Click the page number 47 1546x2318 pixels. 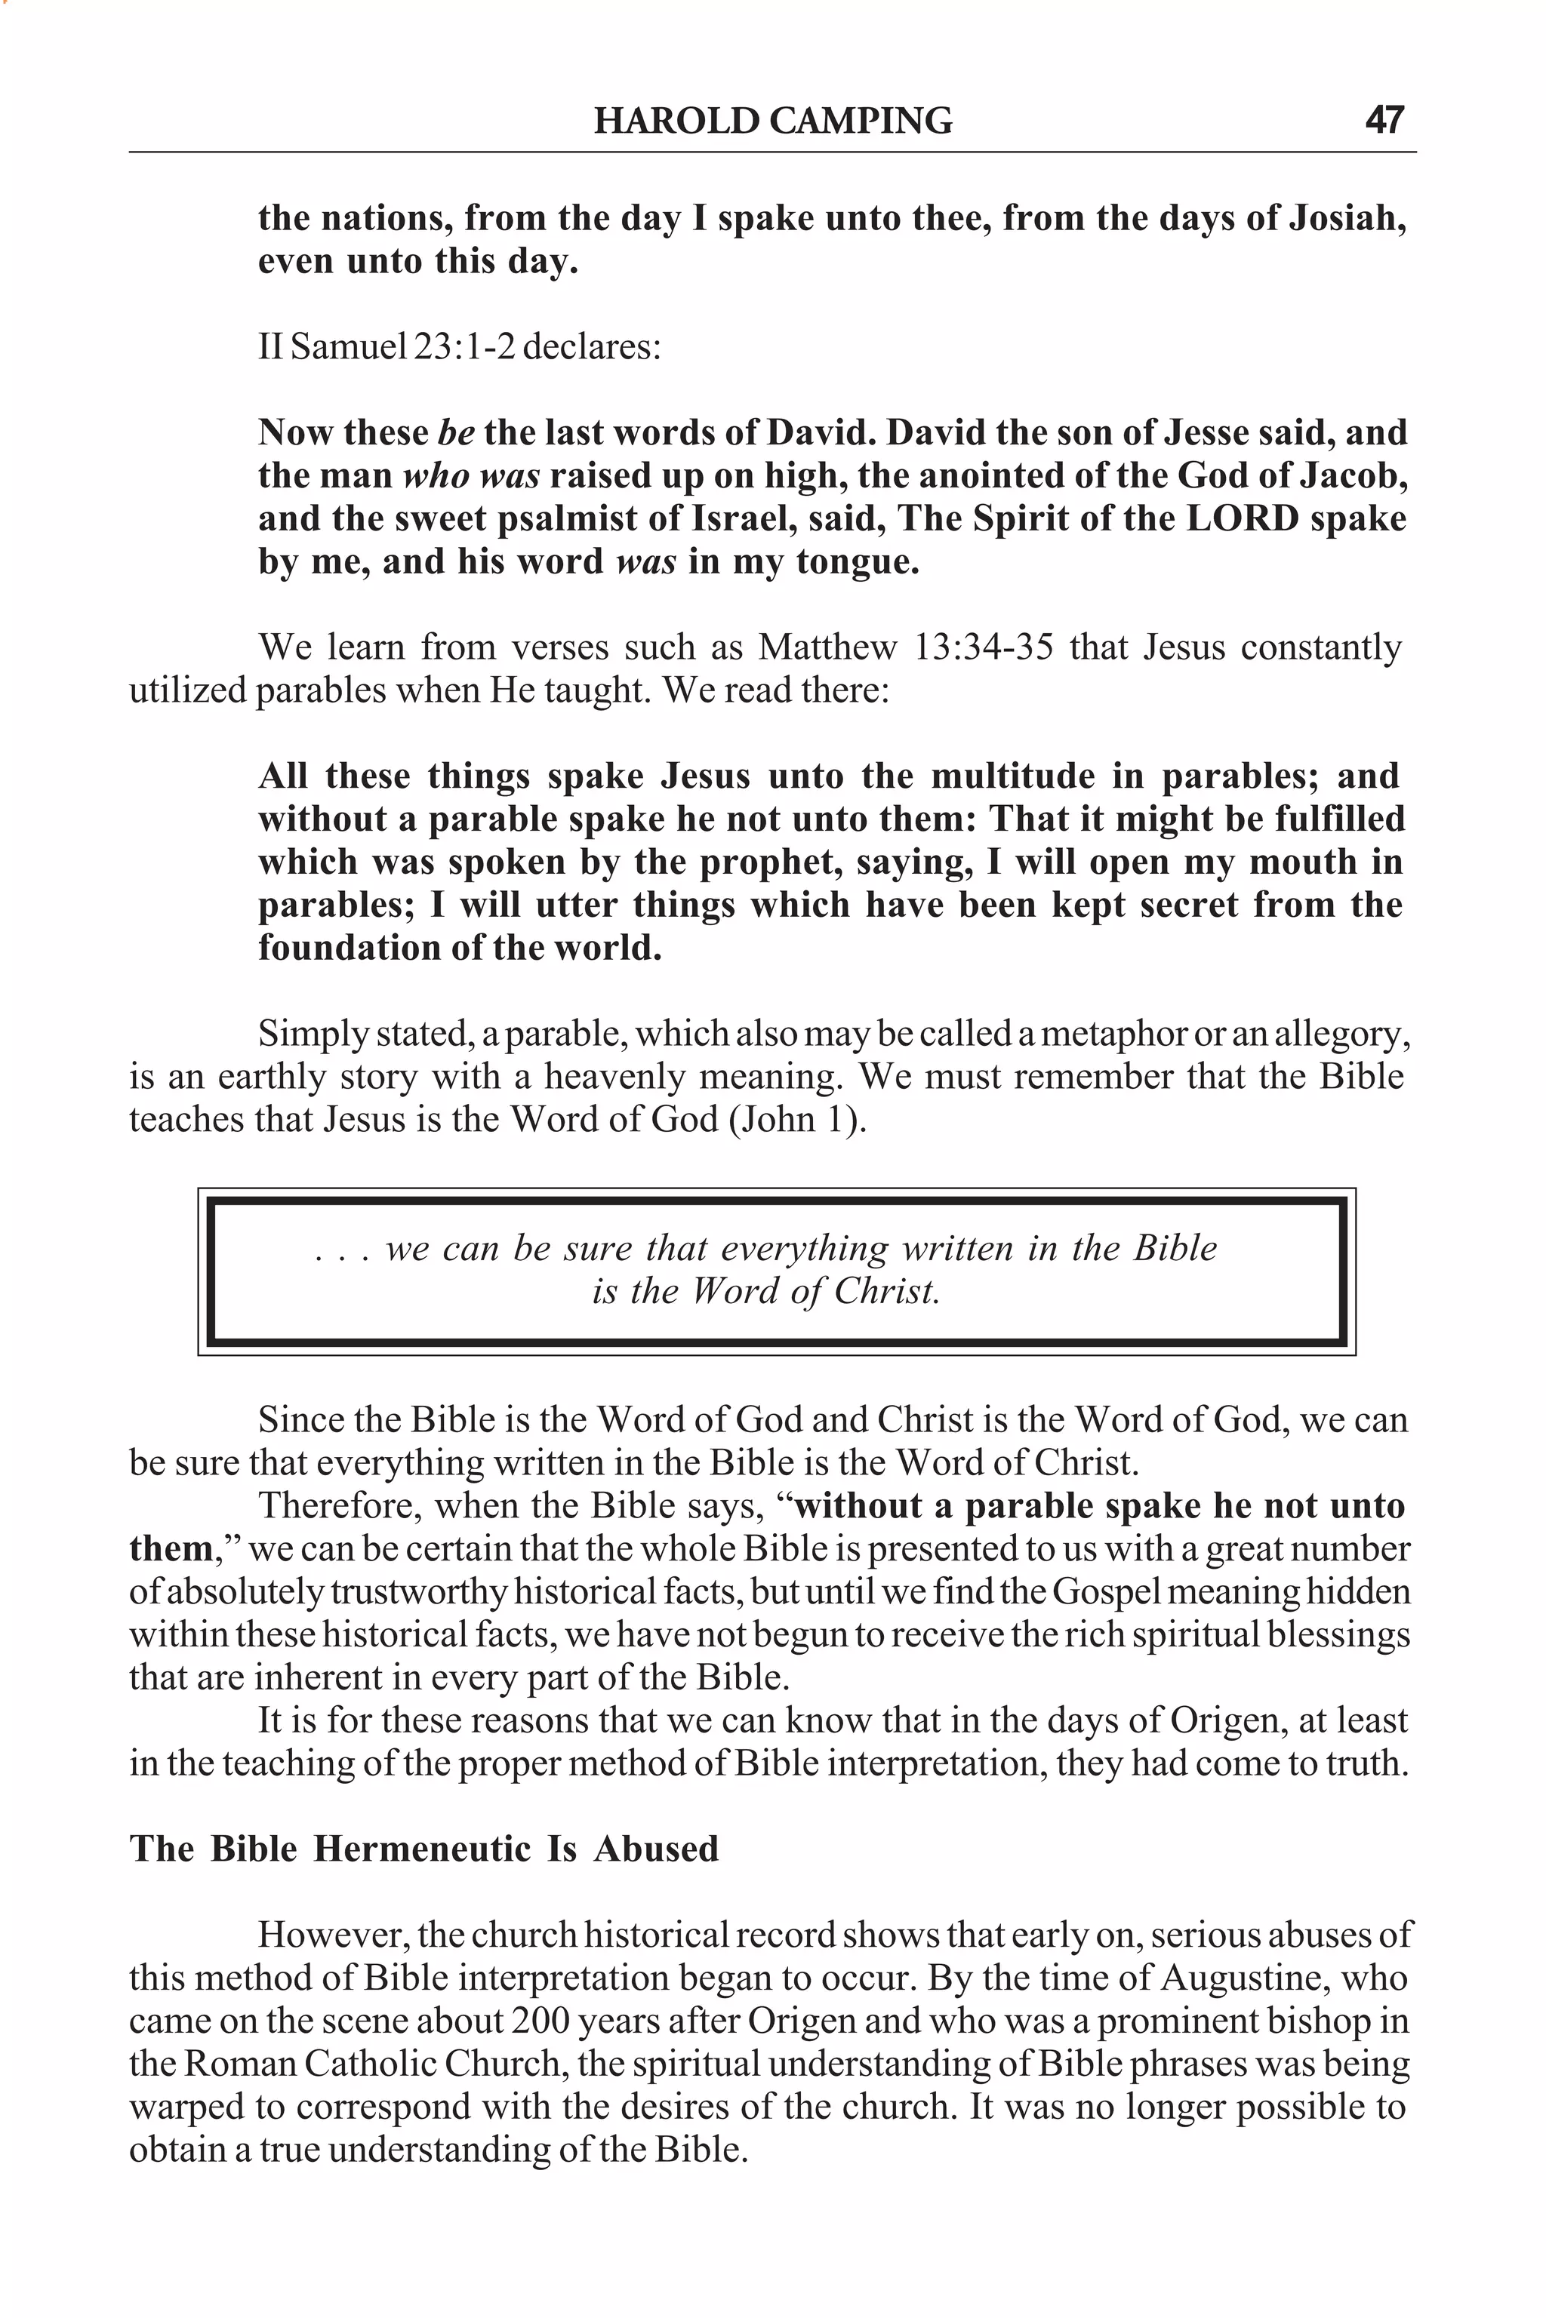point(1384,120)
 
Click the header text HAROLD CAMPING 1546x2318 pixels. point(773,121)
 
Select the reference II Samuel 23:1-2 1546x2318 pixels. point(386,347)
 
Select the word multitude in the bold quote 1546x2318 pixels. point(1012,776)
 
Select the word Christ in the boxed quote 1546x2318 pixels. point(885,1291)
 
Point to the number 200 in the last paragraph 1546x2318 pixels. point(540,2021)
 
